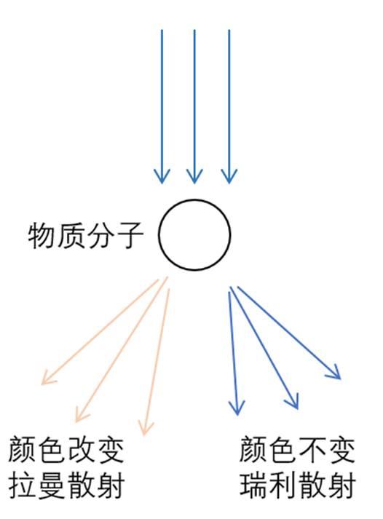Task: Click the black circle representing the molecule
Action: click(158, 234)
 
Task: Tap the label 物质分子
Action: click(86, 236)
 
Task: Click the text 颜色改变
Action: click(66, 450)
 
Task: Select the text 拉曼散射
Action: click(66, 486)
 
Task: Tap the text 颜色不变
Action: click(297, 450)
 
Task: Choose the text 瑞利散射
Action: click(297, 486)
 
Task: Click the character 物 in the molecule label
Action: click(42, 236)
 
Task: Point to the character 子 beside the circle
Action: click(130, 236)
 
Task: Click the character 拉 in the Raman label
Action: click(23, 486)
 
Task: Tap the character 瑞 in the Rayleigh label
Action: click(253, 486)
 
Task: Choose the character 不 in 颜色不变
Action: click(312, 450)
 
